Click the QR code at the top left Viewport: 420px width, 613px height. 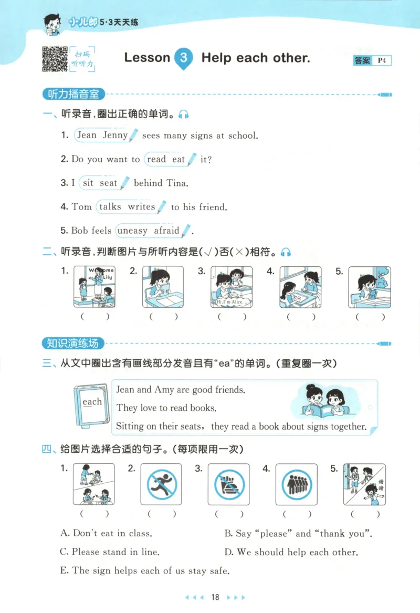pos(54,58)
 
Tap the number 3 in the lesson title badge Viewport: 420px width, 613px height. pos(183,58)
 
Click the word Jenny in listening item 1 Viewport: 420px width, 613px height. pos(115,135)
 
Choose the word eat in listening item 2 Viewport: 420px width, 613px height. pos(178,159)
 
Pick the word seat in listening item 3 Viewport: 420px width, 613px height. pos(108,183)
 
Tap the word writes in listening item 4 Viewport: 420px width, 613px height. pos(141,206)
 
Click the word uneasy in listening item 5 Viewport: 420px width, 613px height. pos(132,231)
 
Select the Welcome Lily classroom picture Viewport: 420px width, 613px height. pos(94,287)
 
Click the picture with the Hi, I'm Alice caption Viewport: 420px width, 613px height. pos(232,287)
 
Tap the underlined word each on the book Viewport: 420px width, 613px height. pos(92,402)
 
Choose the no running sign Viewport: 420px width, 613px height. pos(161,484)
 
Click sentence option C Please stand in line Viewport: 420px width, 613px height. pos(110,552)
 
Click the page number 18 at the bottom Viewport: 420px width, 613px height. pos(214,597)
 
